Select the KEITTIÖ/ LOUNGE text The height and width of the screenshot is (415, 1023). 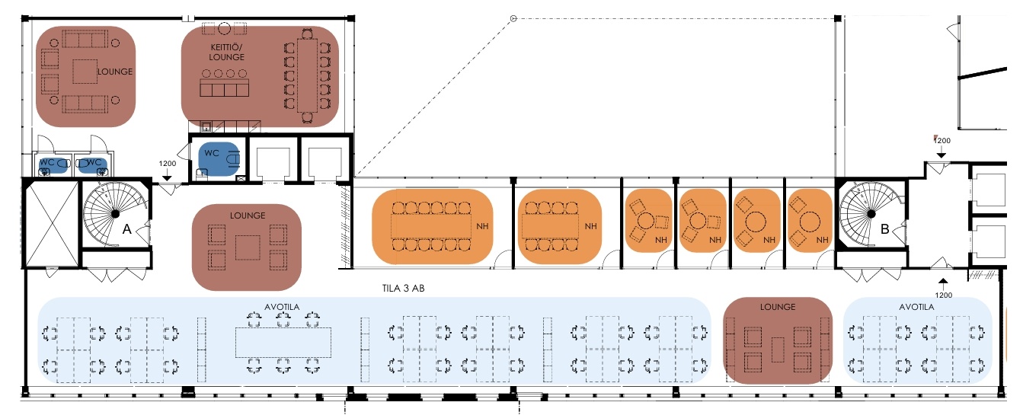coord(227,51)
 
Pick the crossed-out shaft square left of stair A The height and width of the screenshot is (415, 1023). coord(51,221)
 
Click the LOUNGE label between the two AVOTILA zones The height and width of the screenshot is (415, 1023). coord(777,307)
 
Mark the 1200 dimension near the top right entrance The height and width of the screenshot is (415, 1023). coord(943,141)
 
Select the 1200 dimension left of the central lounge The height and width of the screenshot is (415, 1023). coord(168,163)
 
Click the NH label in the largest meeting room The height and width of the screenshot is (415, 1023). coord(482,226)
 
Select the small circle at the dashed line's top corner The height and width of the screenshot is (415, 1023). coord(513,18)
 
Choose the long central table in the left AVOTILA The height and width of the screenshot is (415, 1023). coord(284,342)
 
